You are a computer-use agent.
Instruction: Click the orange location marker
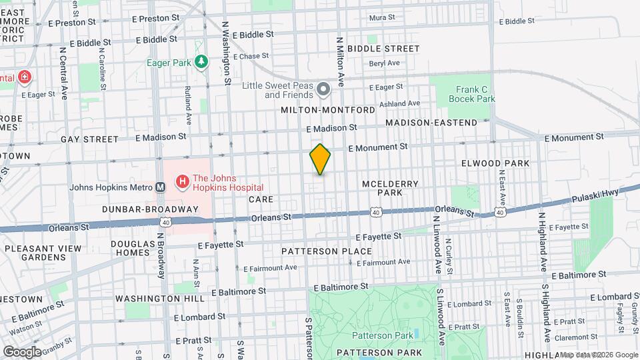(320, 159)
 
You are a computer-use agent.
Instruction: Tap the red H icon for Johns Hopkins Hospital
(181, 181)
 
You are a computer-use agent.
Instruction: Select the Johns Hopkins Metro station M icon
(160, 187)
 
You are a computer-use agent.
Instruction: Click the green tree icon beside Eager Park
(201, 63)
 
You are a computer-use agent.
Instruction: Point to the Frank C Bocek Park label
(475, 93)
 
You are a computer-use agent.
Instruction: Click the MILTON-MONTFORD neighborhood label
(327, 109)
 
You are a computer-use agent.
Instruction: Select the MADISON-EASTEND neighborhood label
(431, 123)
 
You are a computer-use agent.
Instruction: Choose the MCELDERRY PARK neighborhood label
(381, 188)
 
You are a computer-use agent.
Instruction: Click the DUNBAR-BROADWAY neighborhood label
(150, 209)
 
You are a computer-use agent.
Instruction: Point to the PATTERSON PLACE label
(326, 251)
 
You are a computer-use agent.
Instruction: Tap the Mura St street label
(382, 17)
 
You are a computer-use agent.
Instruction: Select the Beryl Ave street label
(385, 63)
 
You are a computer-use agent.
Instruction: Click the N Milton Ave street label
(340, 62)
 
